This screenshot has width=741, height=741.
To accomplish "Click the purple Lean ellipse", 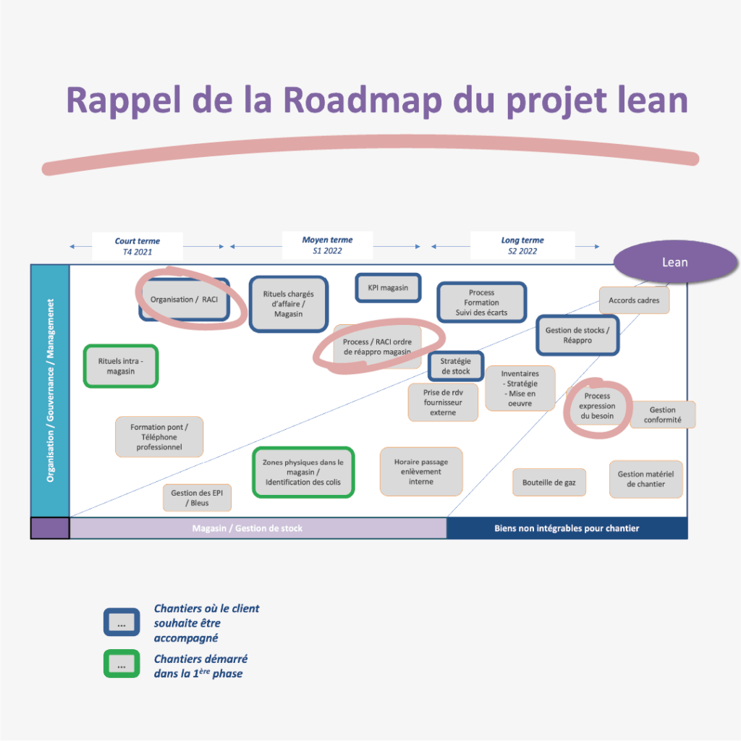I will click(x=674, y=262).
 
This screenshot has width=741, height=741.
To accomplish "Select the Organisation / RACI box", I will click(x=184, y=300).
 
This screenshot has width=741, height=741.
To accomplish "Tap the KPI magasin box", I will click(x=388, y=287).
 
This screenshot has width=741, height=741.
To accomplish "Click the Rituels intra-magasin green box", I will click(x=121, y=366).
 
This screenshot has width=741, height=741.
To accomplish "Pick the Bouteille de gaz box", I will click(x=549, y=482).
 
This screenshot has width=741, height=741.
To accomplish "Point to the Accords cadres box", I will click(x=634, y=300).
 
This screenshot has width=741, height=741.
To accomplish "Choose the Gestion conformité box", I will click(x=662, y=415).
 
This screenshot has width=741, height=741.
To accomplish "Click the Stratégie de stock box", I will click(x=456, y=366).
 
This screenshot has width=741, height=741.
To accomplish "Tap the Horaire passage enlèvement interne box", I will click(x=421, y=472).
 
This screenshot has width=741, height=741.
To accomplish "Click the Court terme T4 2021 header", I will click(x=137, y=246).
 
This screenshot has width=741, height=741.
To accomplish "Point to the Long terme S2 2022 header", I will click(x=522, y=245).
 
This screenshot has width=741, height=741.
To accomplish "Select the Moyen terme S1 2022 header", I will click(x=327, y=245).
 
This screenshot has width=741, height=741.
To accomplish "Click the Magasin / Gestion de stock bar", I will click(x=258, y=528).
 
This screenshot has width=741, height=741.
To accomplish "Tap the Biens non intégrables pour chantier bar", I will click(x=567, y=528).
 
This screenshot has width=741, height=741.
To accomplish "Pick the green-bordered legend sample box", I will click(x=122, y=664).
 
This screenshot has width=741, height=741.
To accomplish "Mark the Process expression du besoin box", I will click(x=598, y=406).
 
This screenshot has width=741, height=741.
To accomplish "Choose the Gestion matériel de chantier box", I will click(x=645, y=479).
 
